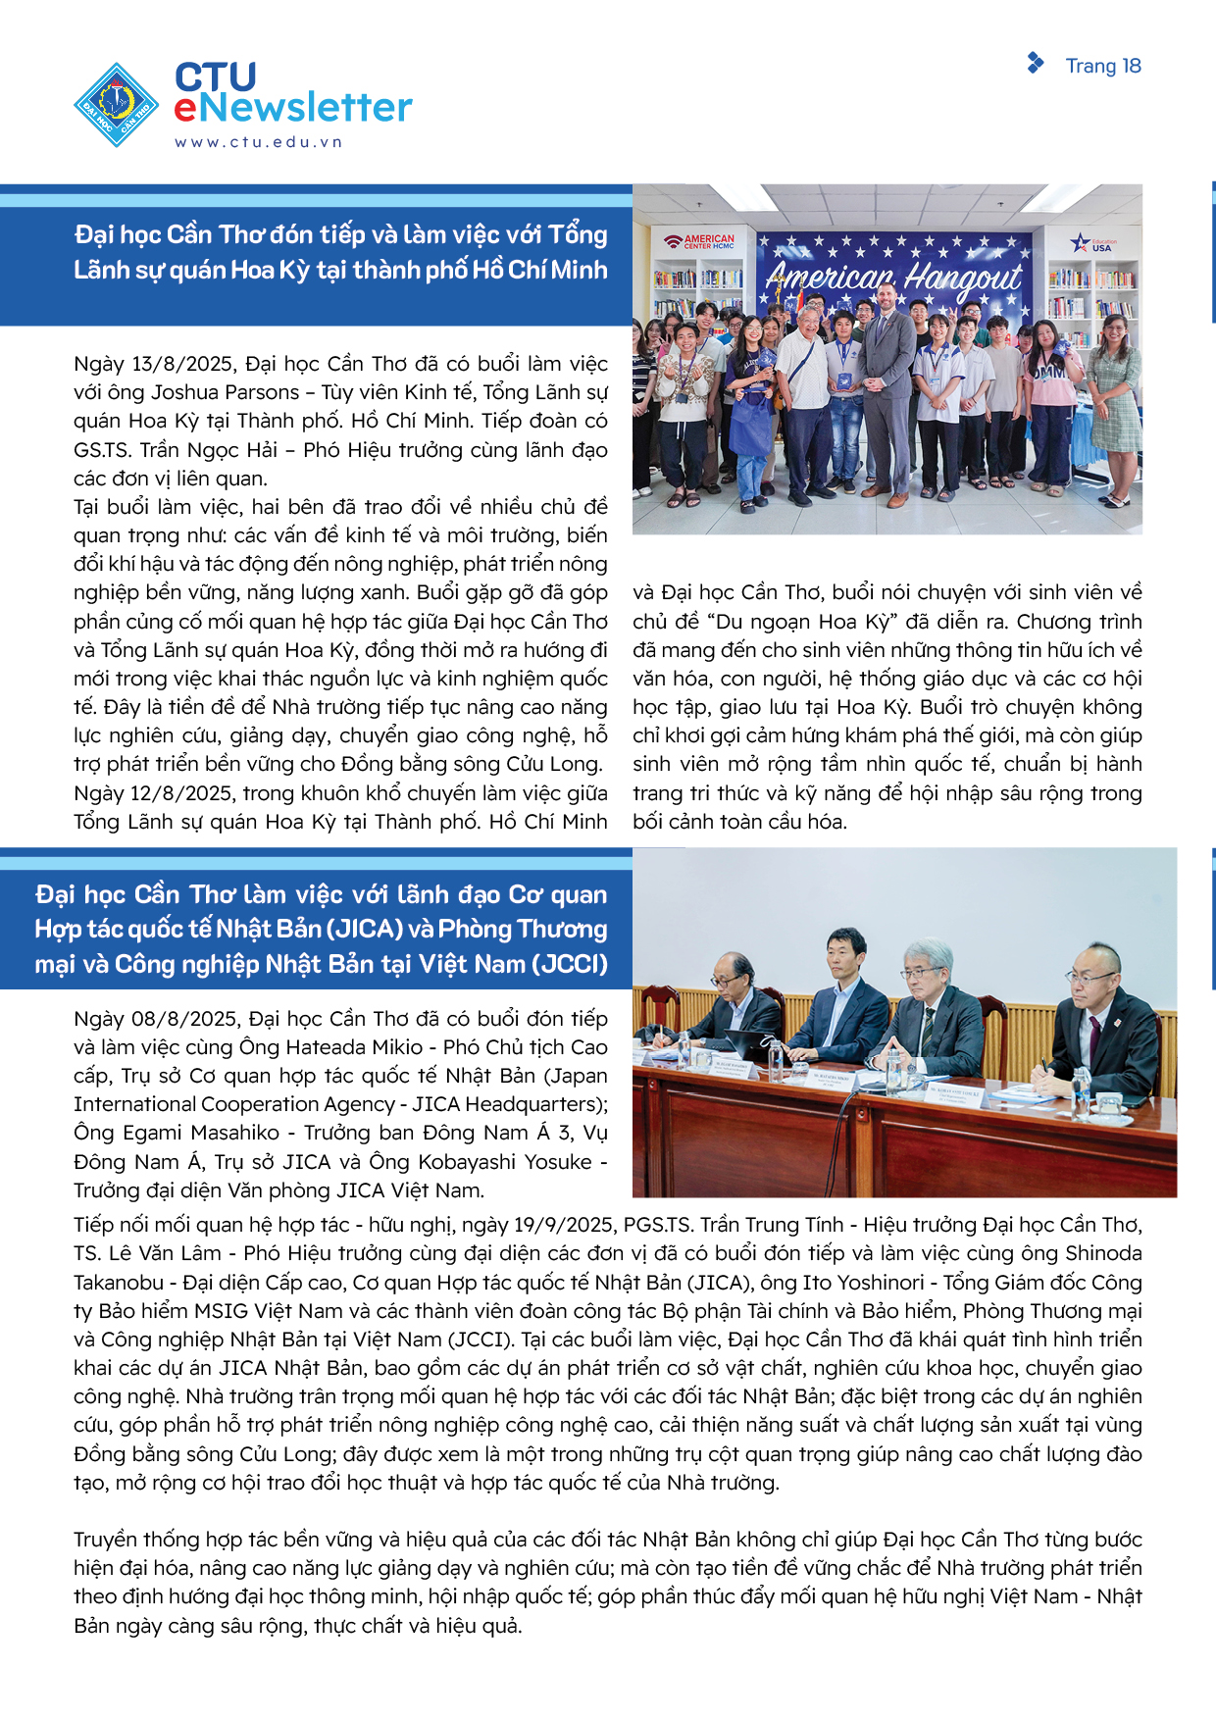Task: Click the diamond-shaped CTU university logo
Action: coord(117,105)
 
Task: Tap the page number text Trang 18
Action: coord(1103,66)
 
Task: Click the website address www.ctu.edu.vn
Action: coord(259,142)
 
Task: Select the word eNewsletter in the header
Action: coord(293,108)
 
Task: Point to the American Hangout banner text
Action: coord(894,278)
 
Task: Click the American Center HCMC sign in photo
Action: coord(699,240)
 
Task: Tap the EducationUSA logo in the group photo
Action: coord(1094,243)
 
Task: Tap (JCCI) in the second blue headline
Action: coord(570,964)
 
